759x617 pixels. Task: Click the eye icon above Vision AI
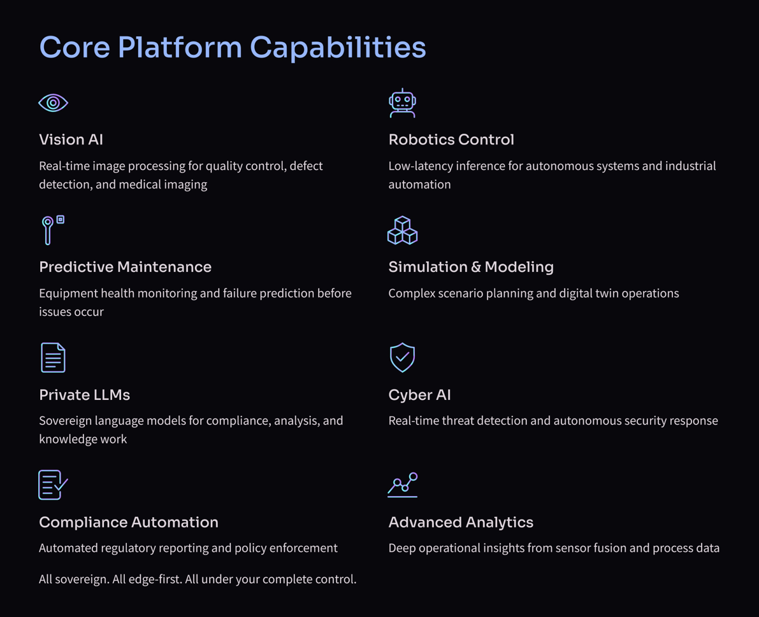pos(53,103)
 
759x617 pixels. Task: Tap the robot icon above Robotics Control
pos(402,103)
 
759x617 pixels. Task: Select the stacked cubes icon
pos(402,230)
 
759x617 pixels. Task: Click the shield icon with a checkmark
pos(402,357)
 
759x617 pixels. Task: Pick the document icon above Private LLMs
pos(53,357)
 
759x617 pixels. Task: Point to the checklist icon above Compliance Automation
pos(53,485)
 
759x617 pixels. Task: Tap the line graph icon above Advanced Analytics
pos(402,485)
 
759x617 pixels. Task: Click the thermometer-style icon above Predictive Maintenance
pos(51,230)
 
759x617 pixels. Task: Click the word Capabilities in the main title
pos(337,48)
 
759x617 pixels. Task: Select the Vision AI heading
pos(71,139)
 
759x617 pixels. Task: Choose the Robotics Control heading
pos(451,139)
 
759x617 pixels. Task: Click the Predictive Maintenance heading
pos(125,267)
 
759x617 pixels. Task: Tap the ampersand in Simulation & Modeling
pos(476,267)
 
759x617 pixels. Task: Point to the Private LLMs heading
pos(84,395)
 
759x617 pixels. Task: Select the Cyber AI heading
pos(419,395)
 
